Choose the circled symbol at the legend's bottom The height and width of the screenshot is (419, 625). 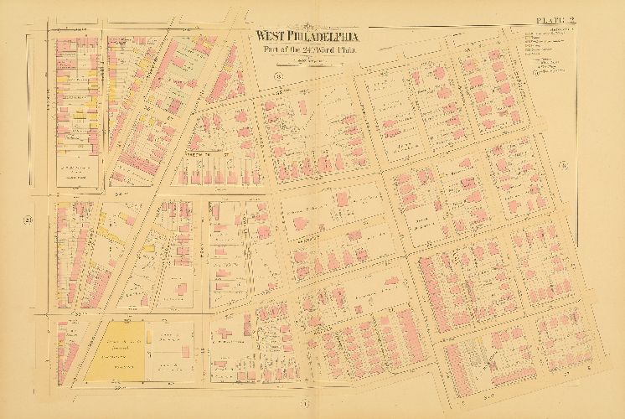point(536,74)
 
